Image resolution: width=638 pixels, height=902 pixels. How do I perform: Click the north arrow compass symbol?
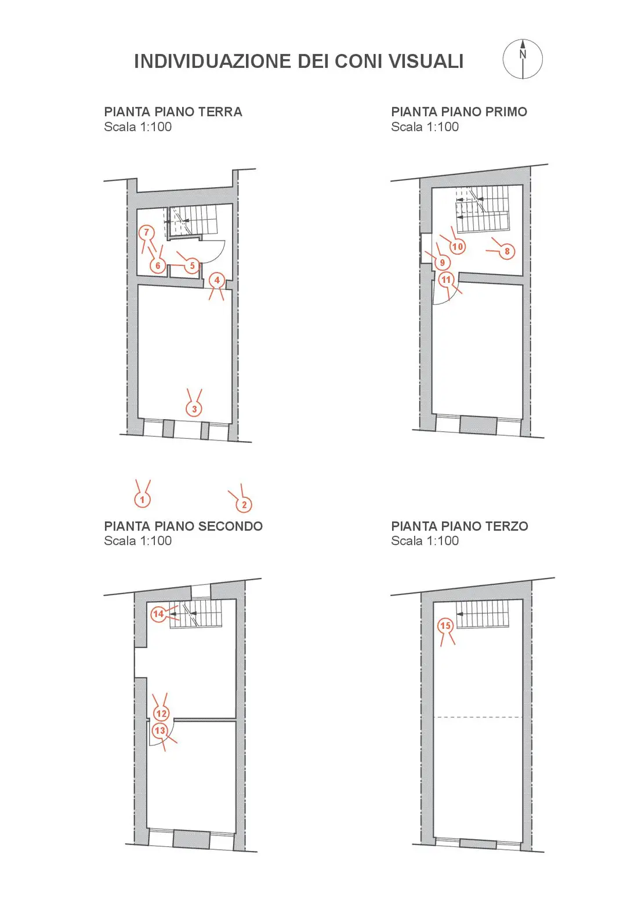523,59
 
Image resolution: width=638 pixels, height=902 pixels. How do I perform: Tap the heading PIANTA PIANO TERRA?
173,111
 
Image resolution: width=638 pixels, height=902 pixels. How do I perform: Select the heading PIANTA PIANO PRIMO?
459,111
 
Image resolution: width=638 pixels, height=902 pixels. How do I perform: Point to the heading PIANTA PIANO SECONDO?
183,526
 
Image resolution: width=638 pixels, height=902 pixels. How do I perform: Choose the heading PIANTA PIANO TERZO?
459,526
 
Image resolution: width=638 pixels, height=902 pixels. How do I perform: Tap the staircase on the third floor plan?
483,614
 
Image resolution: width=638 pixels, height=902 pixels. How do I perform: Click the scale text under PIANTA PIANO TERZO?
425,540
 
